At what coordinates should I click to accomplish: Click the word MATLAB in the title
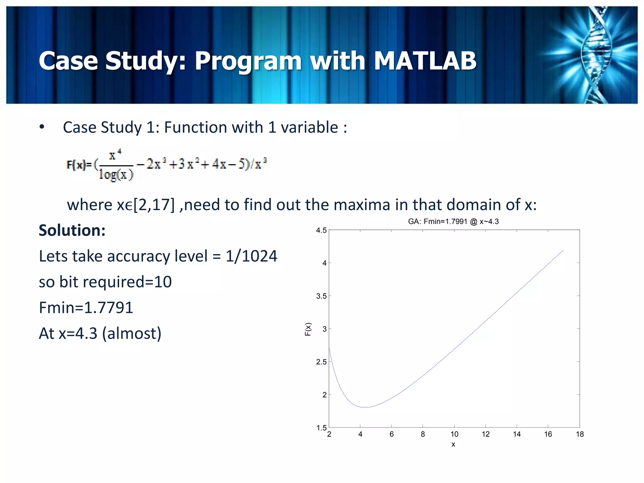pyautogui.click(x=425, y=61)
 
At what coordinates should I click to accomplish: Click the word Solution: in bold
pyautogui.click(x=72, y=230)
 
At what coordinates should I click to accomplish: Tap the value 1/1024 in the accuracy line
pyautogui.click(x=251, y=256)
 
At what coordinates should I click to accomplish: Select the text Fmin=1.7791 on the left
pyautogui.click(x=86, y=308)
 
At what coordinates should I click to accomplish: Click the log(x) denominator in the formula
pyautogui.click(x=116, y=174)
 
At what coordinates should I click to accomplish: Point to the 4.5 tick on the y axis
pyautogui.click(x=321, y=230)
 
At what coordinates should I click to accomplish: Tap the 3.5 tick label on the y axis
pyautogui.click(x=321, y=296)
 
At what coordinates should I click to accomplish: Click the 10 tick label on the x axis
pyautogui.click(x=454, y=434)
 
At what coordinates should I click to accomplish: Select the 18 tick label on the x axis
pyautogui.click(x=580, y=434)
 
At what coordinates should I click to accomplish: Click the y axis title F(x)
pyautogui.click(x=308, y=329)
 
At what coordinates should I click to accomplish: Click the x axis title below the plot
pyautogui.click(x=453, y=444)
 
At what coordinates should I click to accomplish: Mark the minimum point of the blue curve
pyautogui.click(x=365, y=407)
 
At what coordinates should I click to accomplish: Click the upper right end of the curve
pyautogui.click(x=563, y=251)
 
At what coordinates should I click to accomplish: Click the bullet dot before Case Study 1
pyautogui.click(x=42, y=127)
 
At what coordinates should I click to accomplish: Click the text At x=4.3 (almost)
pyautogui.click(x=100, y=333)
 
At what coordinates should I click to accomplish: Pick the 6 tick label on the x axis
pyautogui.click(x=391, y=434)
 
